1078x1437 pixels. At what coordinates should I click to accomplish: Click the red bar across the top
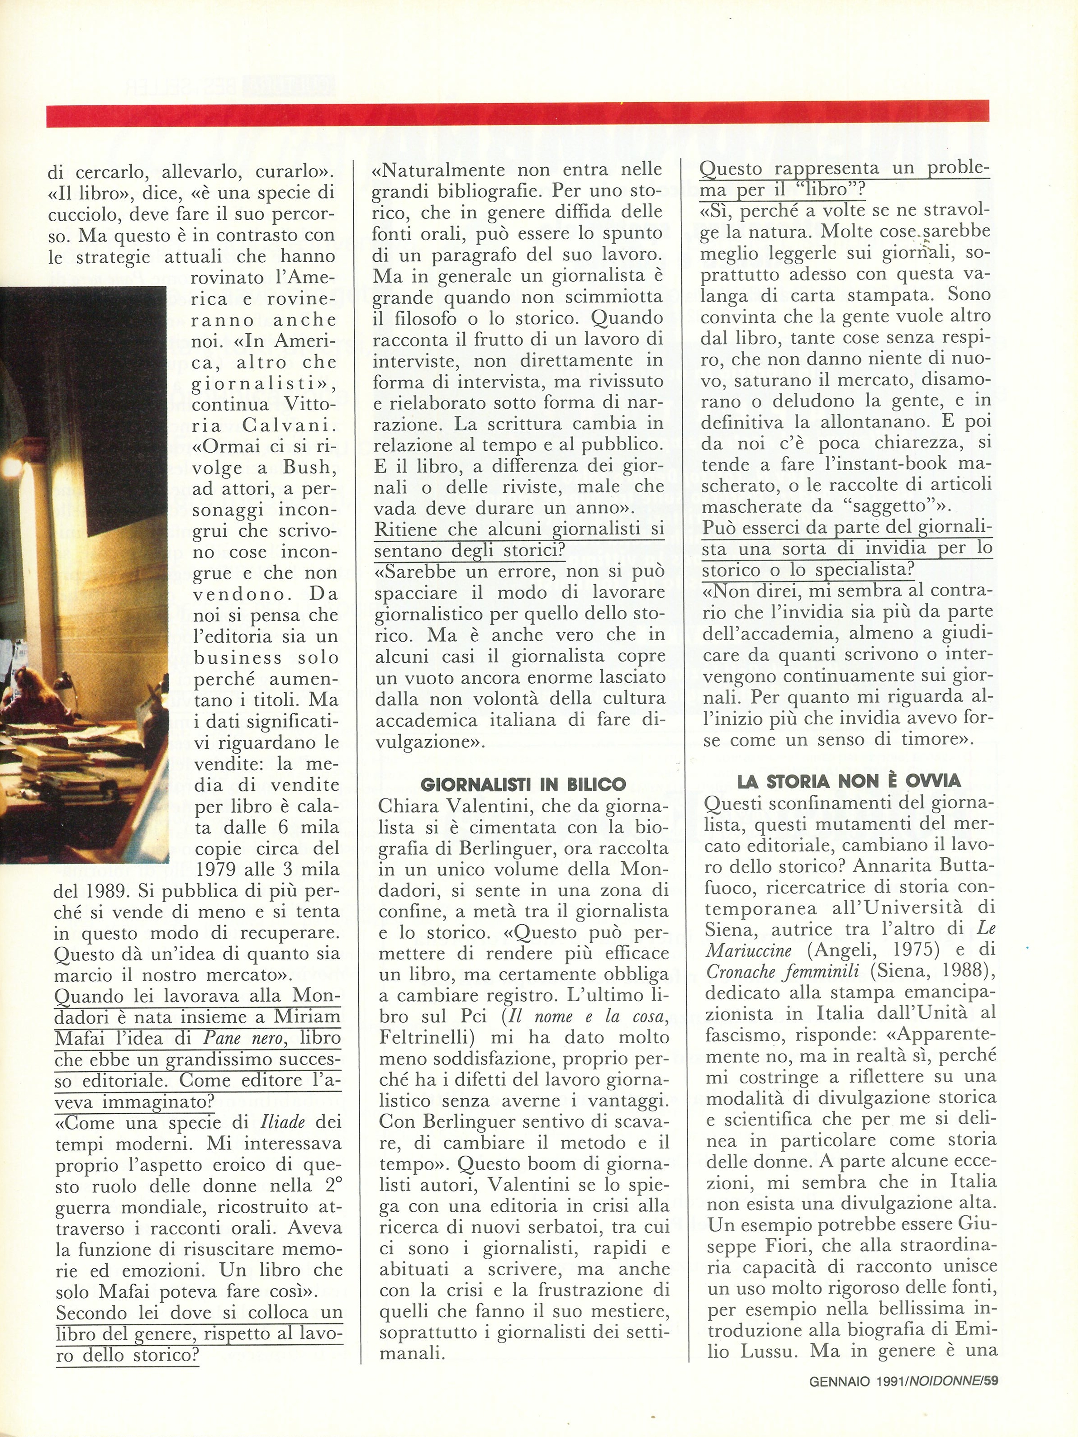click(x=517, y=111)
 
